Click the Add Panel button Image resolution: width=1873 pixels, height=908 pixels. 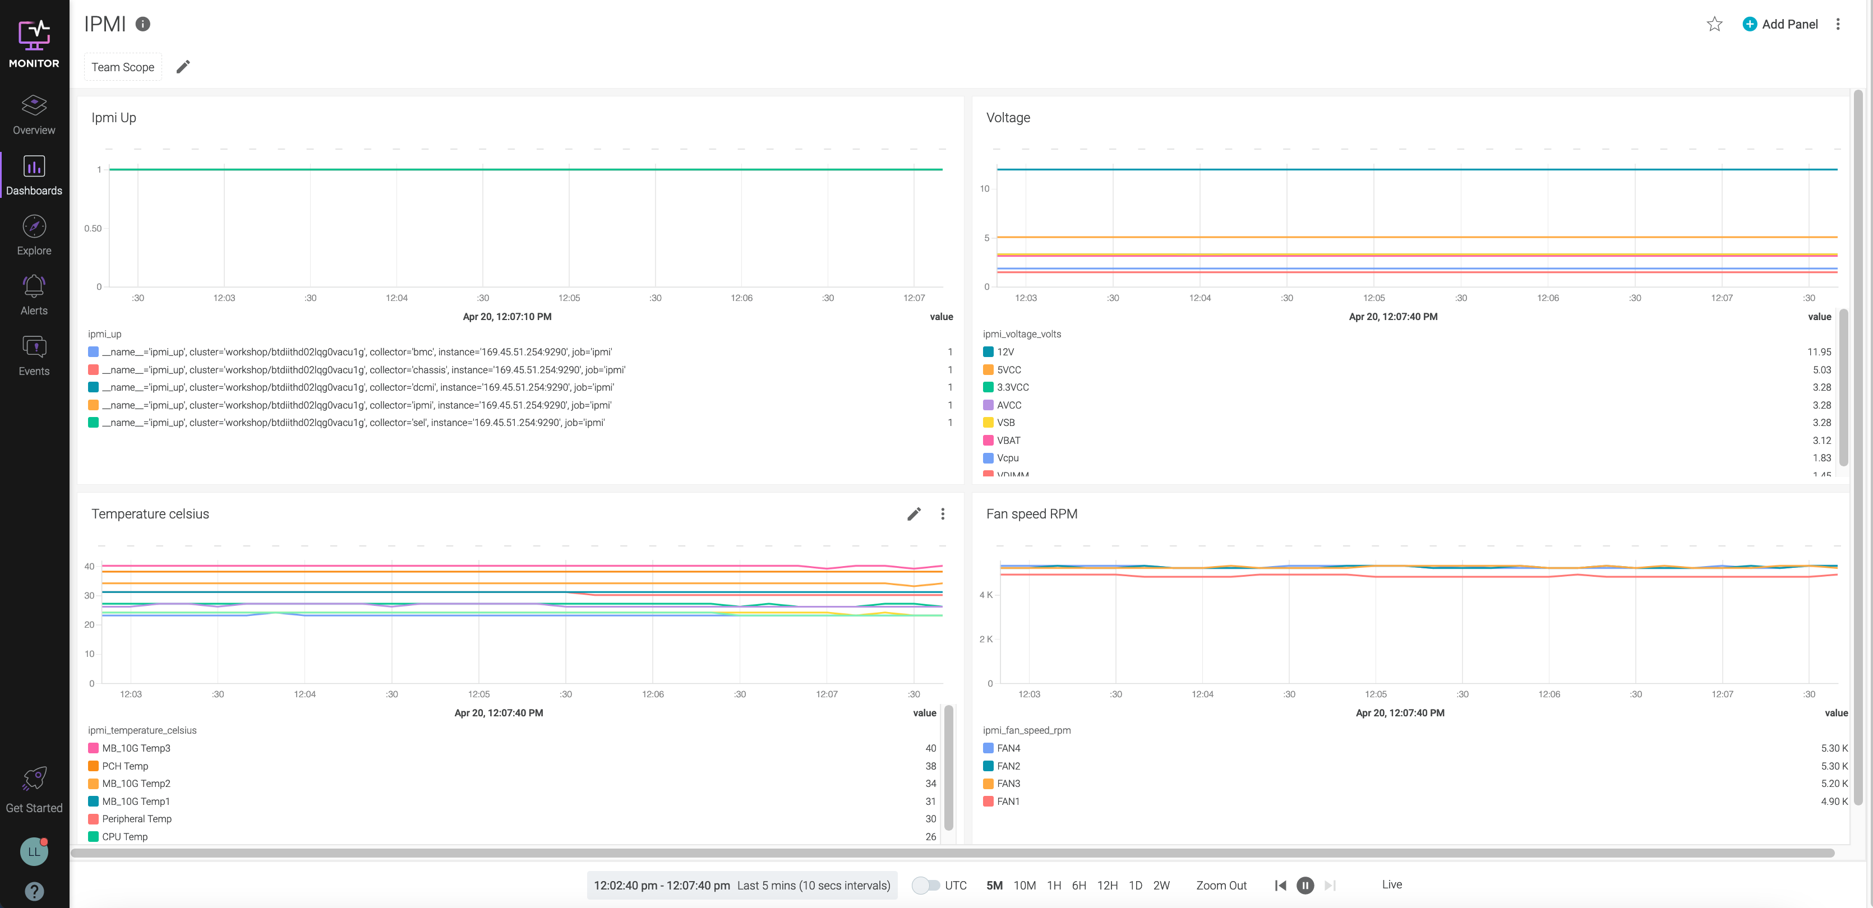1780,24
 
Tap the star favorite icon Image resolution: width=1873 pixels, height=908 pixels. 1714,24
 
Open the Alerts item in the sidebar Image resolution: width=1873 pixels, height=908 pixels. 34,295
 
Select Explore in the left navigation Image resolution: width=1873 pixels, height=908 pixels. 34,235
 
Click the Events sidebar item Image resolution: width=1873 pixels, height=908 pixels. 34,355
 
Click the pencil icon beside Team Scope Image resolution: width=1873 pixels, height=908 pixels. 183,67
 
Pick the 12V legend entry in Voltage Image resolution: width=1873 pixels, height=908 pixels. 1005,352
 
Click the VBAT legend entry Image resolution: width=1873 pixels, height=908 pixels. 1008,441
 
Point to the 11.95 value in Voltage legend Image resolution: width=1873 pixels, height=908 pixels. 1819,352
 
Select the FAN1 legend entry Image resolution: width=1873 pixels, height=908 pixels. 1008,801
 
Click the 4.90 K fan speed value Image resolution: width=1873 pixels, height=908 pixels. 1834,801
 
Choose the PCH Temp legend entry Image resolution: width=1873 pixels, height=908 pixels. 124,766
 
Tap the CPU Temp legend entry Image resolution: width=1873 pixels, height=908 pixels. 124,837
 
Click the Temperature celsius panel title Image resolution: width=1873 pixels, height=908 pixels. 150,514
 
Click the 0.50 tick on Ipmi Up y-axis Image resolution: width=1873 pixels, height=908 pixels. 93,228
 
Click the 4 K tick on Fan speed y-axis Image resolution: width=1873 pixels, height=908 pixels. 985,595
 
